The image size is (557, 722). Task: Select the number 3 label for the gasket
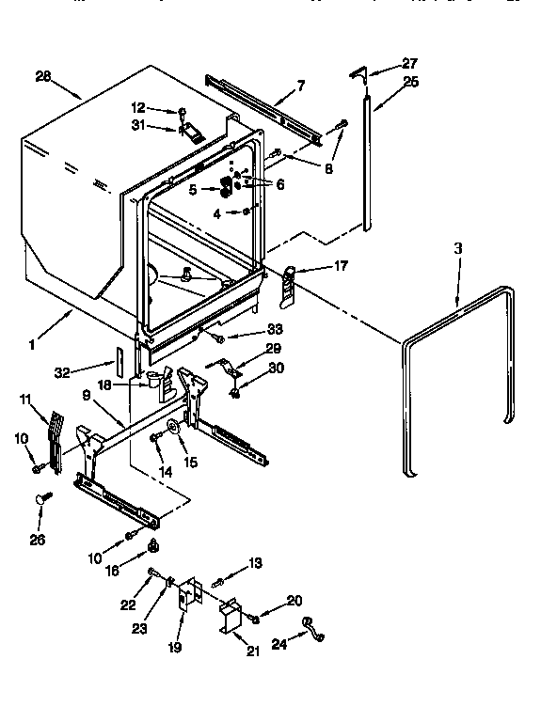click(x=458, y=248)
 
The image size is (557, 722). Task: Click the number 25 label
click(x=410, y=83)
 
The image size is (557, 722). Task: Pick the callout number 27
click(x=409, y=63)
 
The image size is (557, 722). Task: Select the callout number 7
click(x=299, y=86)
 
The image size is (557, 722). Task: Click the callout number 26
click(x=37, y=539)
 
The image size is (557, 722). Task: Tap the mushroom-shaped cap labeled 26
click(x=42, y=499)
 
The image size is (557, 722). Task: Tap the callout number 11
click(x=25, y=400)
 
